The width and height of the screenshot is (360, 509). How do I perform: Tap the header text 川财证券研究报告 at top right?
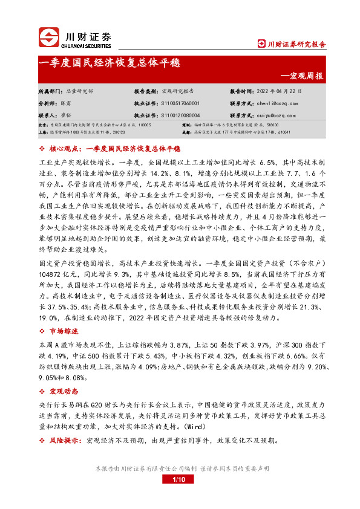click(296, 44)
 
